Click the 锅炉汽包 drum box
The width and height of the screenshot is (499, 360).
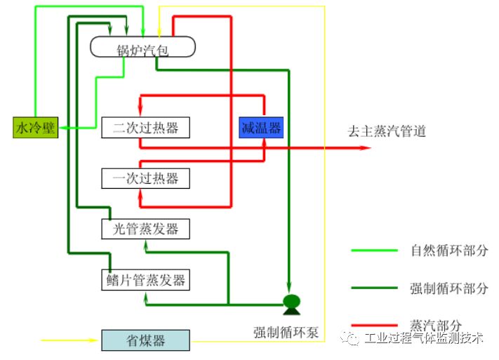(143, 47)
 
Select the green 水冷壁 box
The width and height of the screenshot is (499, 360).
(35, 128)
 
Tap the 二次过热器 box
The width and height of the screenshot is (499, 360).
(145, 128)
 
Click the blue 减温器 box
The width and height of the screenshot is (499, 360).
(261, 127)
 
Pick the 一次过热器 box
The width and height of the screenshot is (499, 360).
(145, 178)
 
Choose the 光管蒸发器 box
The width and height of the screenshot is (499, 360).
(145, 229)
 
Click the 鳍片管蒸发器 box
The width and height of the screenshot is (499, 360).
(145, 280)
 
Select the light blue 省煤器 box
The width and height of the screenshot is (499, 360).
(145, 340)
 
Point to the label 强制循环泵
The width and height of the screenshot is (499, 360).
(286, 332)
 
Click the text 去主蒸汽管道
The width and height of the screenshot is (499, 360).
(387, 131)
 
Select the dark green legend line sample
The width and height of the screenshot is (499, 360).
(375, 288)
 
